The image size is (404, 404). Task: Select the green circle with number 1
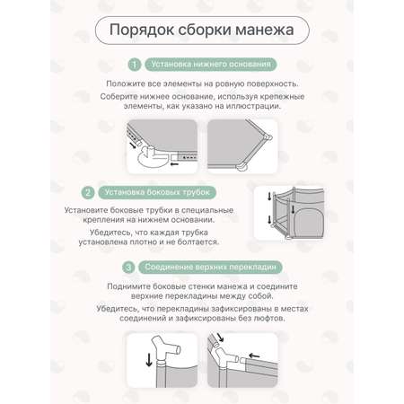(x=135, y=65)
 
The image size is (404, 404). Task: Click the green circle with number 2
(x=88, y=192)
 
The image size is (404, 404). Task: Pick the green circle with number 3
(x=128, y=267)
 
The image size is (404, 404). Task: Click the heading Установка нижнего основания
(x=211, y=65)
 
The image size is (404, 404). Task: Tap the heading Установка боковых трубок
(x=157, y=192)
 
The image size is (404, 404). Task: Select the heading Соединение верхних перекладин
(x=210, y=267)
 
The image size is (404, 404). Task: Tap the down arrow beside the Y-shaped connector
(x=149, y=360)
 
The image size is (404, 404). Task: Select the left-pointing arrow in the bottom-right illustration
(x=254, y=356)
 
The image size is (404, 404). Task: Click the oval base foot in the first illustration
(x=153, y=160)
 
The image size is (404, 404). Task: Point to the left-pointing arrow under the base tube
(x=174, y=164)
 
